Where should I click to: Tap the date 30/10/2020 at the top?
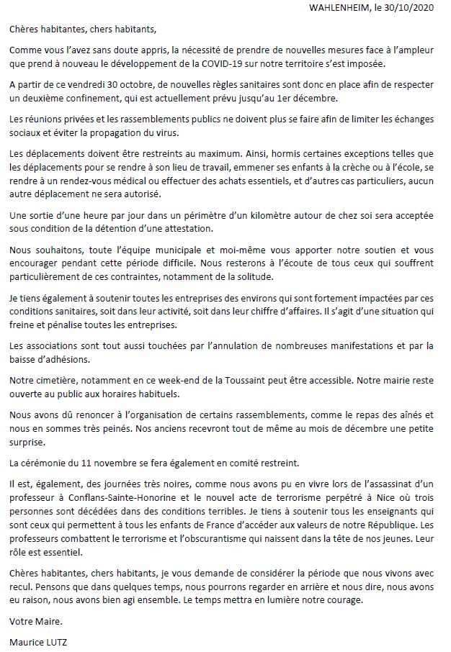(x=413, y=9)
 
